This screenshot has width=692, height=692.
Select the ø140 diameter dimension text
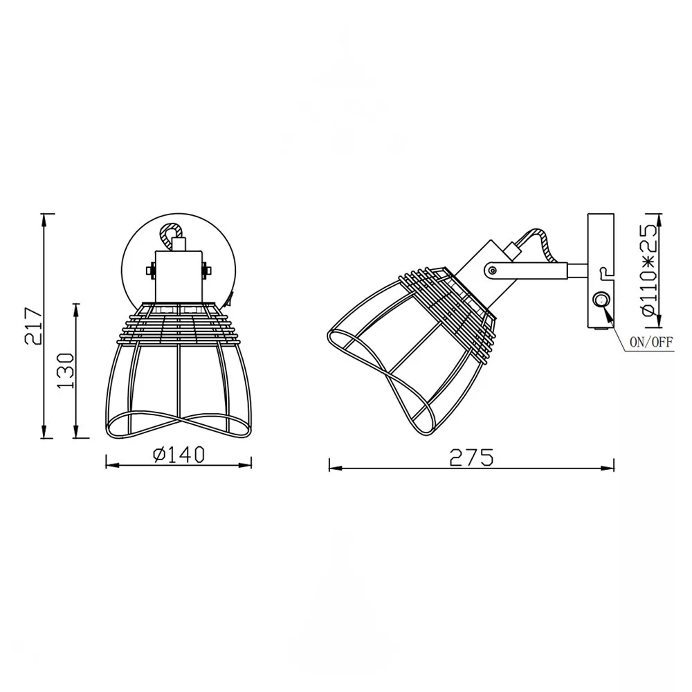point(179,455)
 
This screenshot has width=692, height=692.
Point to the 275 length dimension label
point(471,457)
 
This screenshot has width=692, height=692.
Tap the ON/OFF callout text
point(651,343)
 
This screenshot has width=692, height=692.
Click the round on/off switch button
point(601,301)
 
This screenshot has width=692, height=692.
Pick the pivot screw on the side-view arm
point(493,271)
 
